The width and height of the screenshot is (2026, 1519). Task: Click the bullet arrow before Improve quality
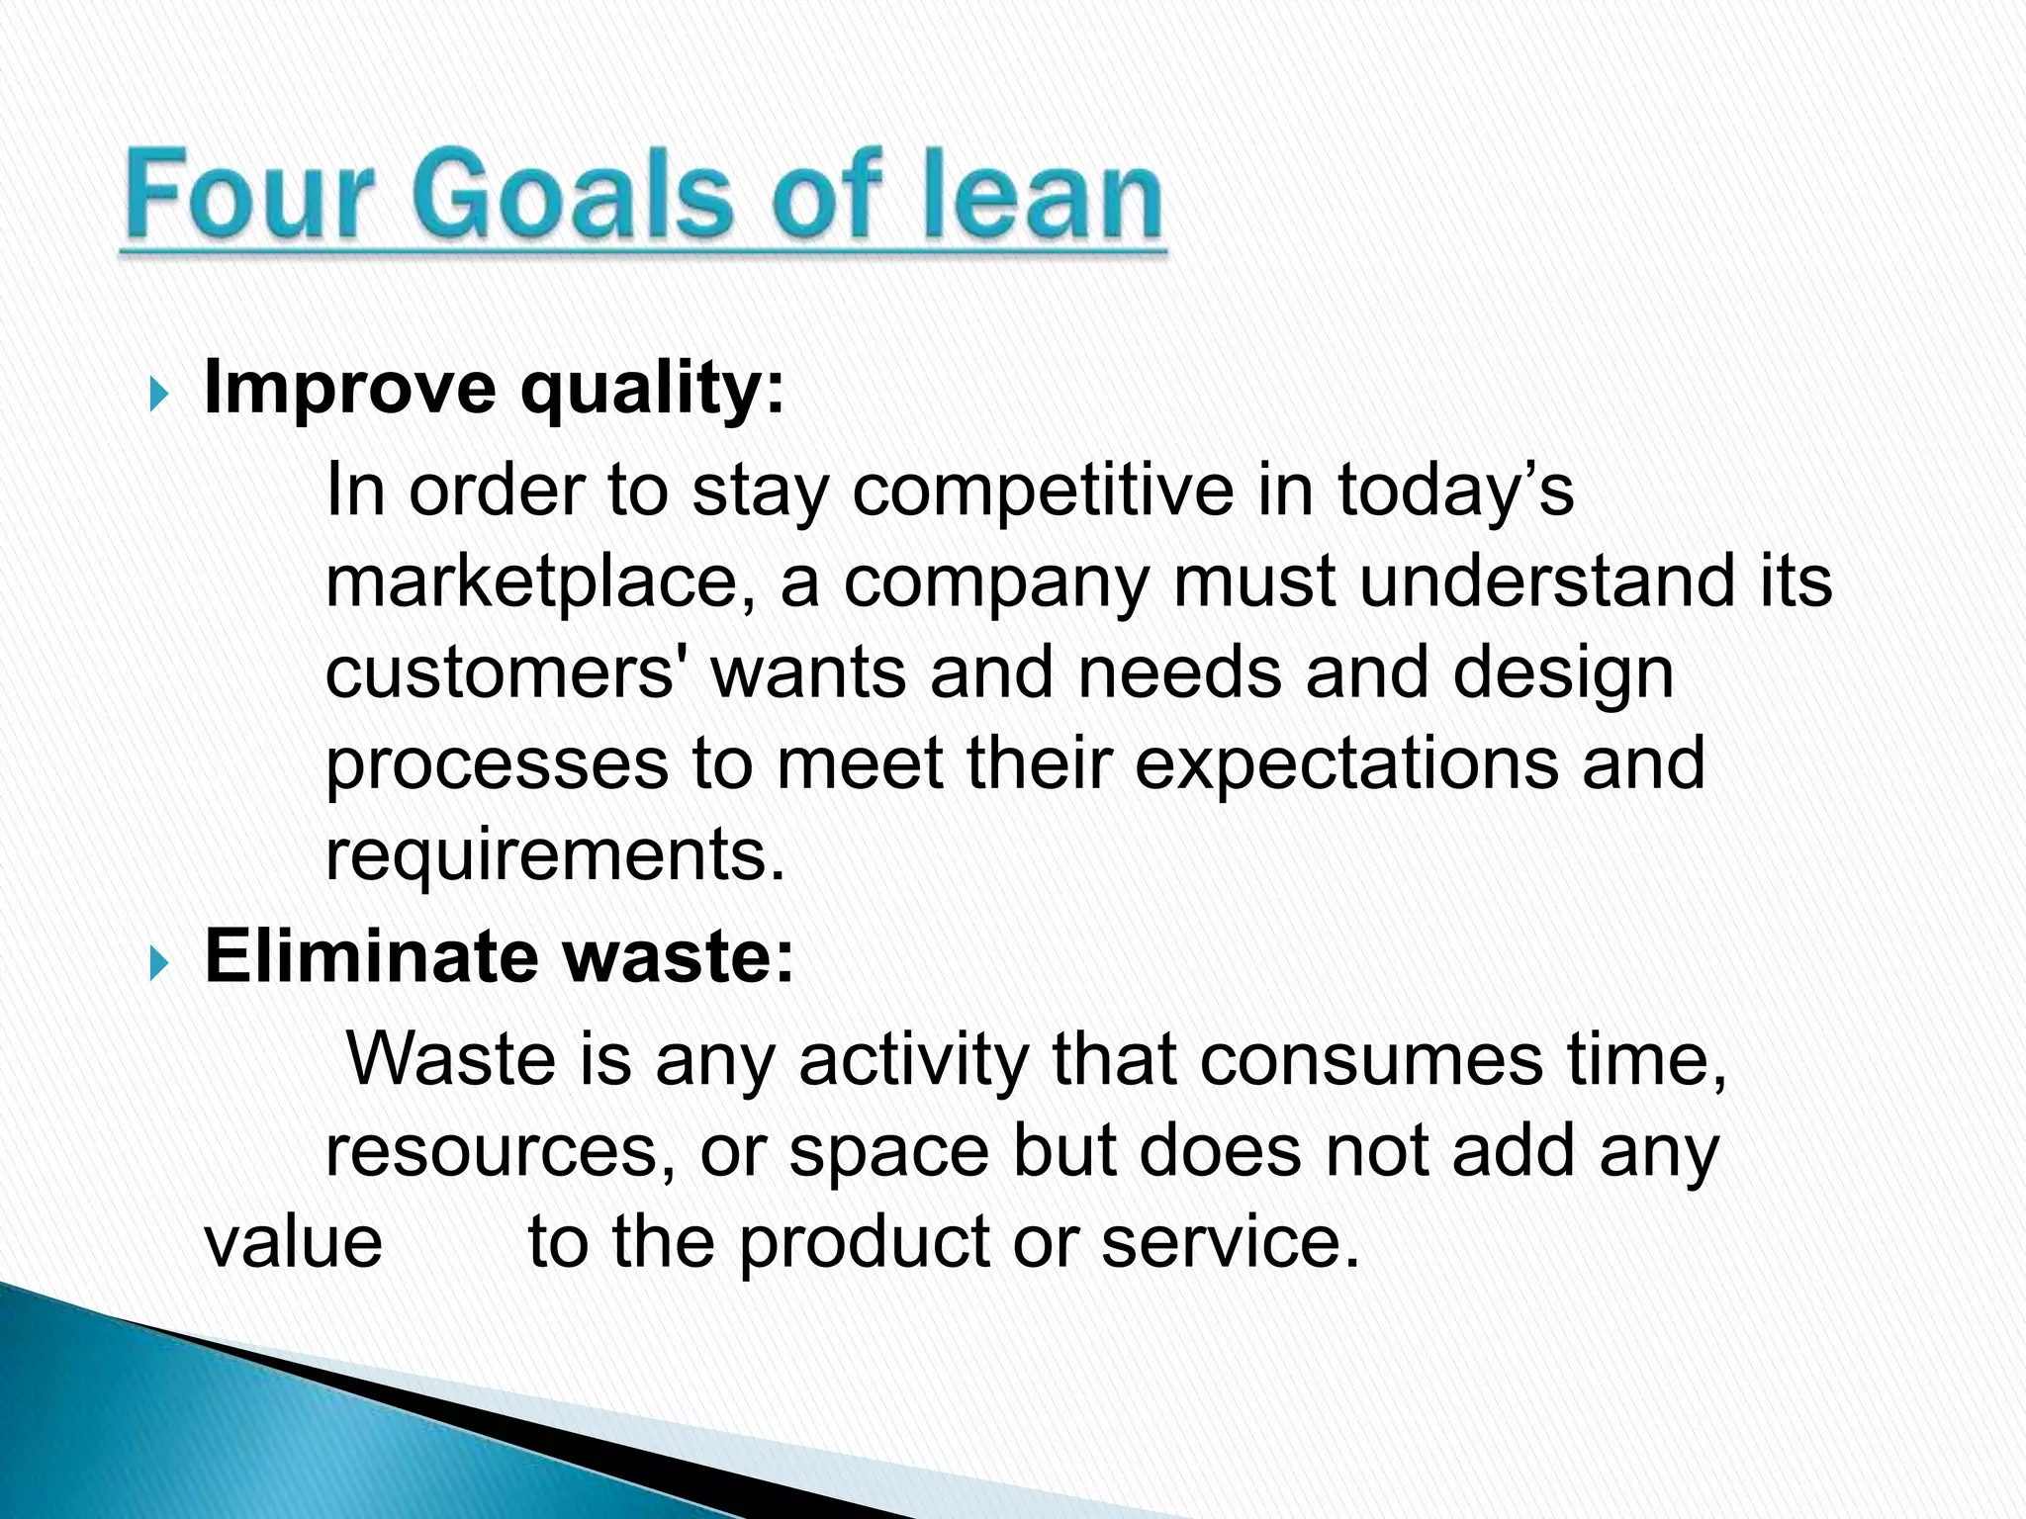point(159,395)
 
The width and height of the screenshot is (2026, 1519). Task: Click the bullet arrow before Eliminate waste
point(159,962)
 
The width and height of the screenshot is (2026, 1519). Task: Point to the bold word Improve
point(349,389)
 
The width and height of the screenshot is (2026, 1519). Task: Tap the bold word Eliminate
point(370,956)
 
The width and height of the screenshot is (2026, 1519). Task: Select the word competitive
point(1043,490)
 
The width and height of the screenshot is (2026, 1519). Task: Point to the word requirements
point(554,854)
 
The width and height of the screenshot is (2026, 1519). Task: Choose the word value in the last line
point(293,1242)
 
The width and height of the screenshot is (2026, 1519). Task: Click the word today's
point(1454,490)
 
